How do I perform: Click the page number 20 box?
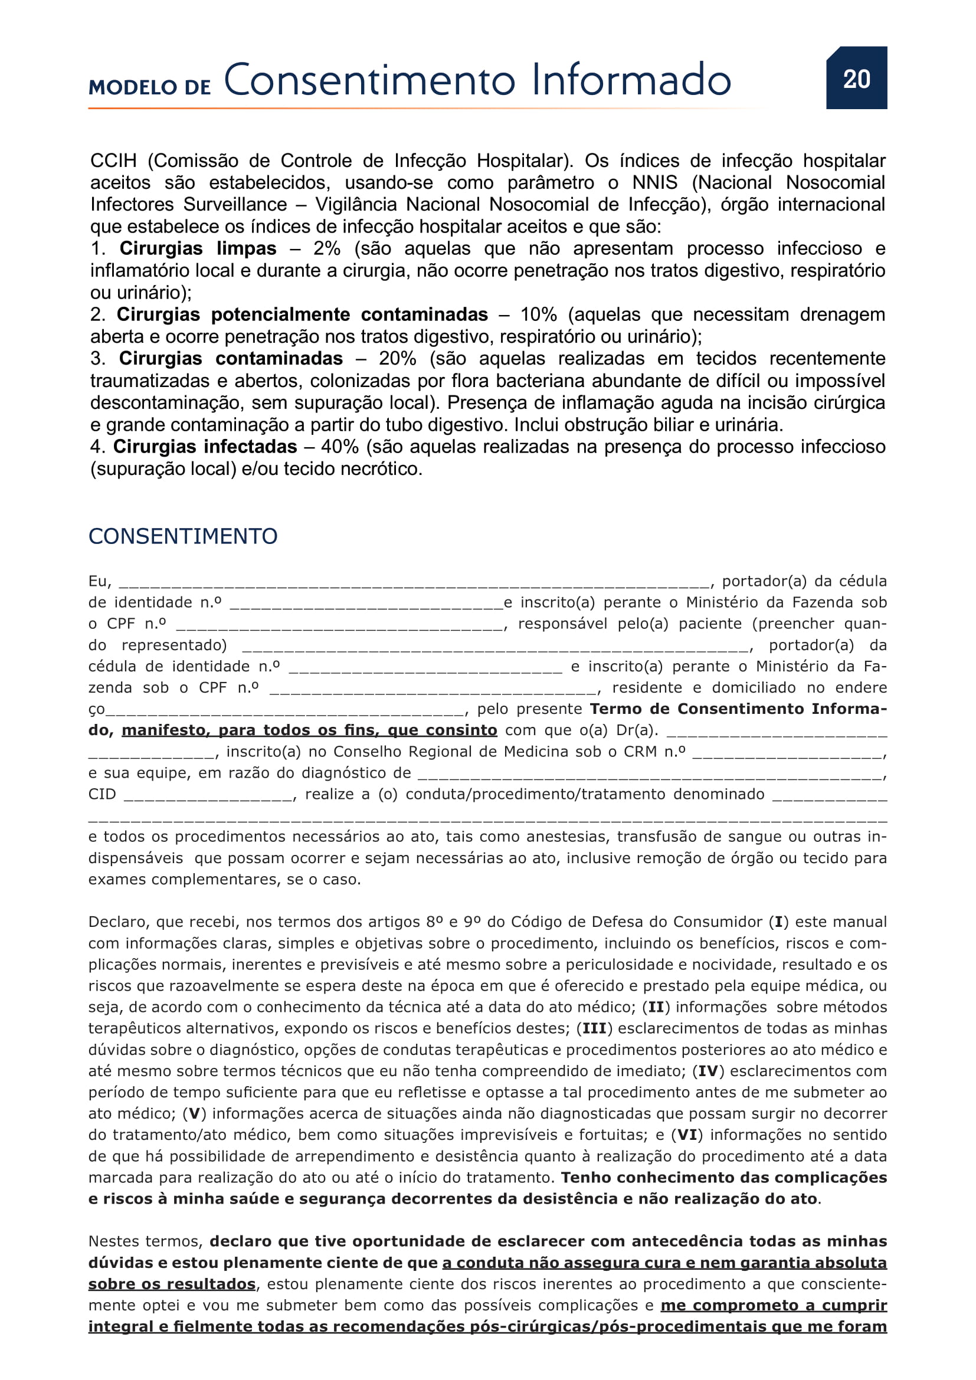(856, 78)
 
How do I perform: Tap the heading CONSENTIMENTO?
(183, 536)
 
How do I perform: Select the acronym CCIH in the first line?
(113, 161)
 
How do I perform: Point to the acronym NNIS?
(654, 183)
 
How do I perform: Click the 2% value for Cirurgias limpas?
(326, 248)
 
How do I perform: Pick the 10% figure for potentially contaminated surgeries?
(538, 314)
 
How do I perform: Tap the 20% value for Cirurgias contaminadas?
(397, 358)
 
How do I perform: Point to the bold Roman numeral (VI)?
(687, 1135)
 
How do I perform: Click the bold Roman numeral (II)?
(656, 1007)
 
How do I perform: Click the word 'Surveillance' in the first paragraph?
(235, 204)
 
